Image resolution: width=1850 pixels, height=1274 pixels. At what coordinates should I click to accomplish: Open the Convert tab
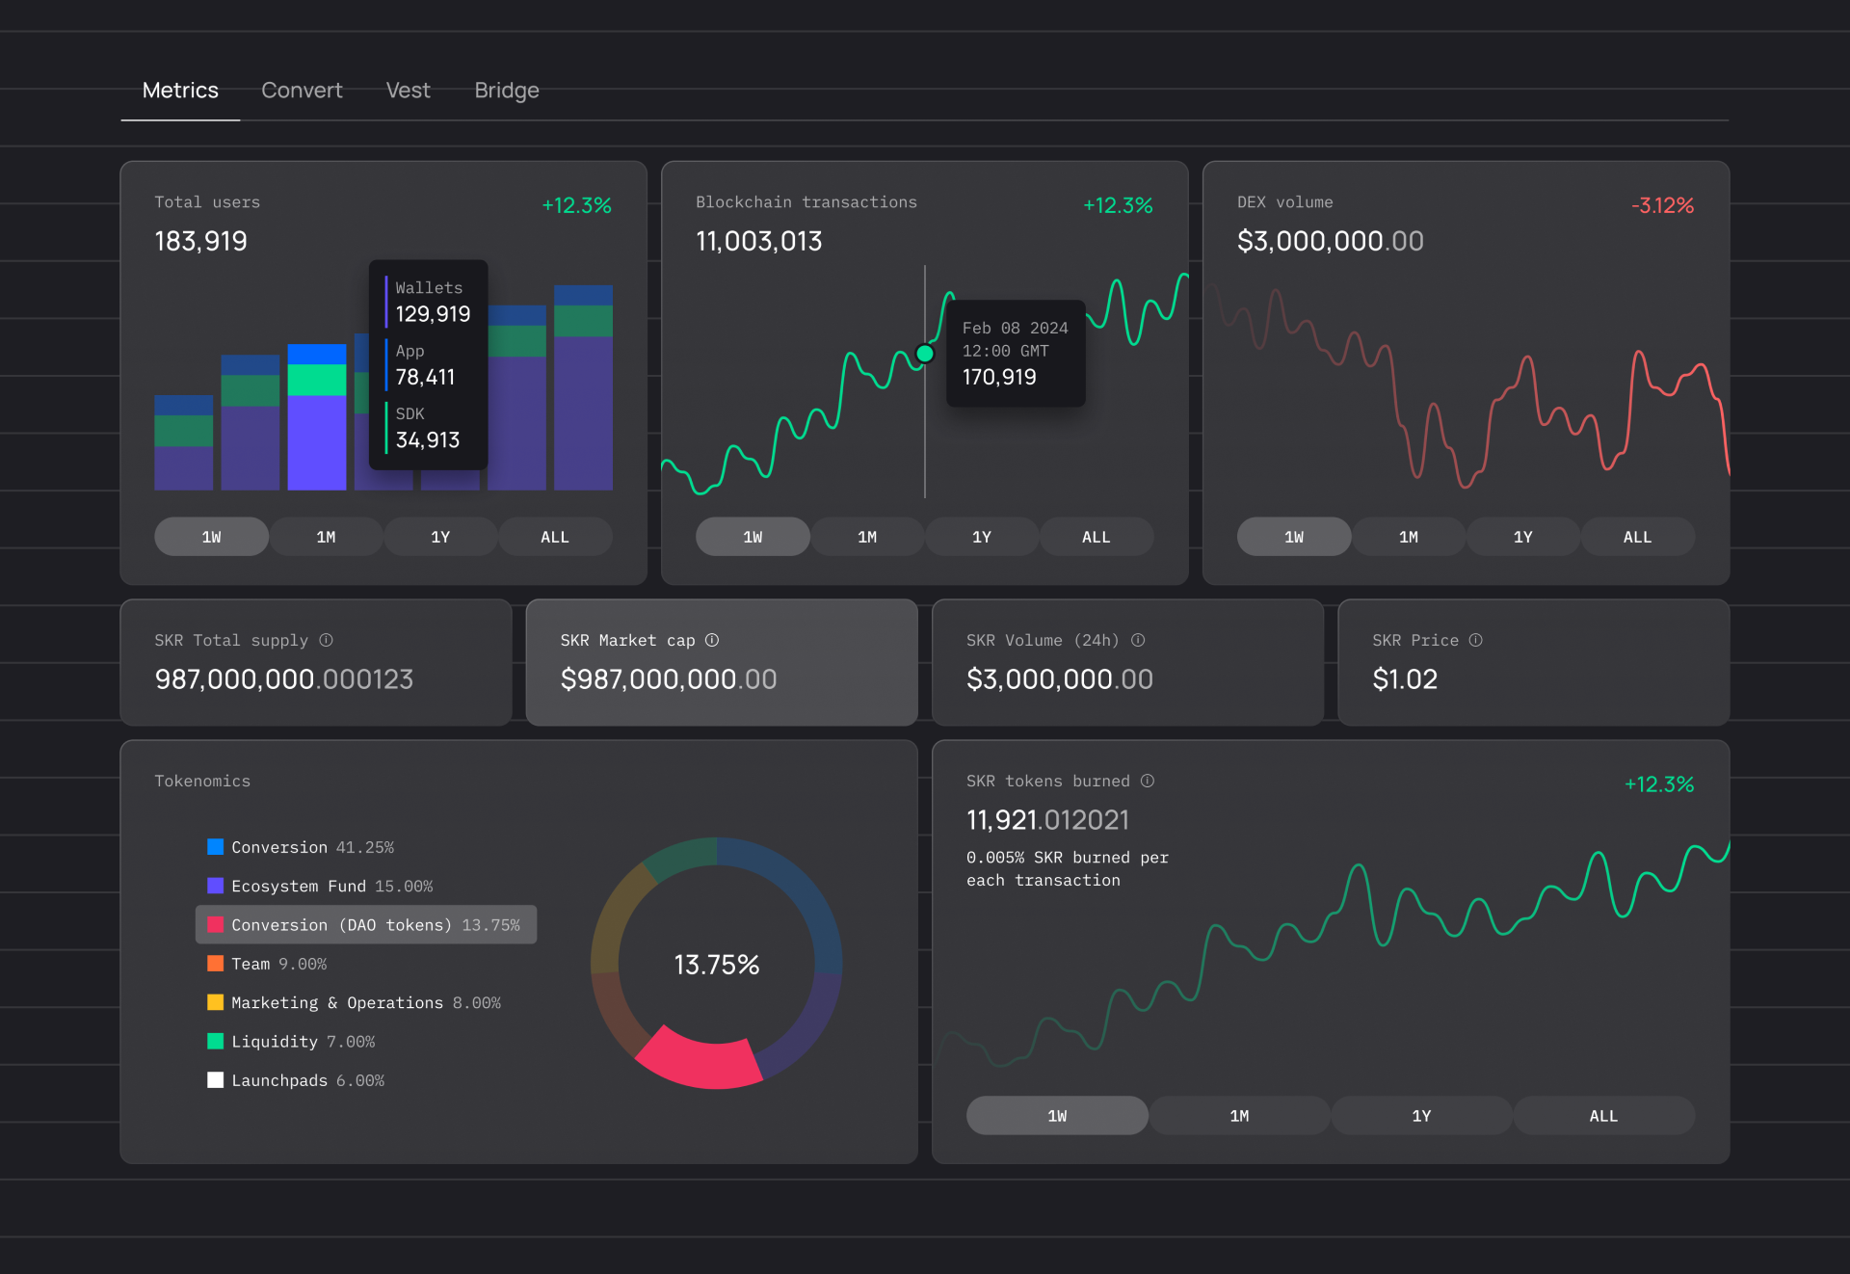(302, 91)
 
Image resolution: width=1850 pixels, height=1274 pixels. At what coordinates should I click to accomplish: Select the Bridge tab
(506, 91)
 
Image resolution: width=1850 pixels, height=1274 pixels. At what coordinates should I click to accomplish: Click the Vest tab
(408, 91)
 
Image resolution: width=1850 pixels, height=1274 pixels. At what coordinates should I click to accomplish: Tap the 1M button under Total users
(326, 537)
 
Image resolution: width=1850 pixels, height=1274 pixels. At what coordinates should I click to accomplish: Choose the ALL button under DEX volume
(1637, 537)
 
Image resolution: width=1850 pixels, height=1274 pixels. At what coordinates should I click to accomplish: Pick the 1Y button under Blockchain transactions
(981, 537)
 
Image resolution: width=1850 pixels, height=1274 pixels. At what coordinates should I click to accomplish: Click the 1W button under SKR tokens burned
(1057, 1116)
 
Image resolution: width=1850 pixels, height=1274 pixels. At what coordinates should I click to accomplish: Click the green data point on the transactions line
(925, 354)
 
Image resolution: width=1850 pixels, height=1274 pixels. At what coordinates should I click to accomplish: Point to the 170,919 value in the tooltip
(999, 377)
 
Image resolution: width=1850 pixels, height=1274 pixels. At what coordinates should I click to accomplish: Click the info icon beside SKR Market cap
(712, 640)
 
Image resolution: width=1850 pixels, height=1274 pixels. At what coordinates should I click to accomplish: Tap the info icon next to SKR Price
(1475, 640)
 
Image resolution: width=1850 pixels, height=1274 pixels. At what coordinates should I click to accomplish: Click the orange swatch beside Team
(216, 964)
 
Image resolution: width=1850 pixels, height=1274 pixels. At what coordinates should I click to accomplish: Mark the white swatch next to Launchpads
(216, 1080)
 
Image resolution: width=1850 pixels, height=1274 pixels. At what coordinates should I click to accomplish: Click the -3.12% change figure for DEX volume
(1662, 205)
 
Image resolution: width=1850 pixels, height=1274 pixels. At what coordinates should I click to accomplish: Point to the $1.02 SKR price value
(1404, 679)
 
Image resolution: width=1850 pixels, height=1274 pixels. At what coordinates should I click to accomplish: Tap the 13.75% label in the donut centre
(716, 965)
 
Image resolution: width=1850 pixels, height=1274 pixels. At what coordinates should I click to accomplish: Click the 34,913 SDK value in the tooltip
(428, 440)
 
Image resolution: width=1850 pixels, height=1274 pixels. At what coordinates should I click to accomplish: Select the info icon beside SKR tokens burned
(1148, 781)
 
